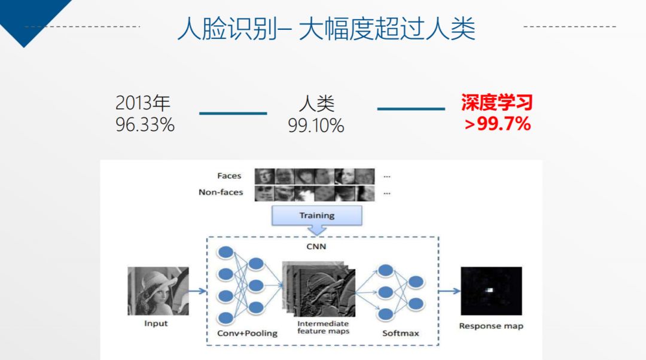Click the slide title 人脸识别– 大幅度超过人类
[x=327, y=29]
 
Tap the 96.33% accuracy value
[x=145, y=124]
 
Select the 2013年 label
[x=142, y=103]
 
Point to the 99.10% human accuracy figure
[x=316, y=125]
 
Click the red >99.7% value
[x=497, y=124]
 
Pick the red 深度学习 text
[x=497, y=102]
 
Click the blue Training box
[x=317, y=215]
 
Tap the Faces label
[x=229, y=176]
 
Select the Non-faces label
[x=221, y=192]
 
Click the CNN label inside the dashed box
[x=316, y=246]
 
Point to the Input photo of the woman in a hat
[x=158, y=291]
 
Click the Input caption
[x=156, y=324]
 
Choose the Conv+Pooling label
[x=247, y=333]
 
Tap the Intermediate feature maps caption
[x=324, y=328]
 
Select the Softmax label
[x=400, y=333]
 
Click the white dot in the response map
[x=489, y=290]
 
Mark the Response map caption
[x=491, y=327]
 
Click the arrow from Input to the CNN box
[x=197, y=291]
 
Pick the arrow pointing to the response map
[x=449, y=291]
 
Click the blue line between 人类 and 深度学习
[x=411, y=109]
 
